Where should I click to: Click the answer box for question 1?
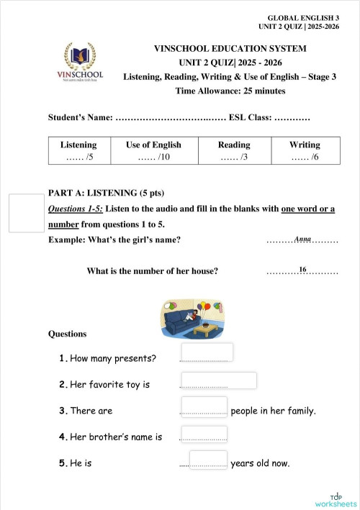click(212, 352)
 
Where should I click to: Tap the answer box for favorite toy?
click(219, 381)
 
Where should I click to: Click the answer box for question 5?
click(208, 459)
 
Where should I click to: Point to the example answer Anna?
click(302, 238)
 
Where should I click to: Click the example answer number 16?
click(302, 270)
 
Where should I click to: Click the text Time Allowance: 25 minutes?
click(230, 91)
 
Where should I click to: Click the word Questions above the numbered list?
click(68, 334)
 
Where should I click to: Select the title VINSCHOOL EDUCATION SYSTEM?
click(230, 49)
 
